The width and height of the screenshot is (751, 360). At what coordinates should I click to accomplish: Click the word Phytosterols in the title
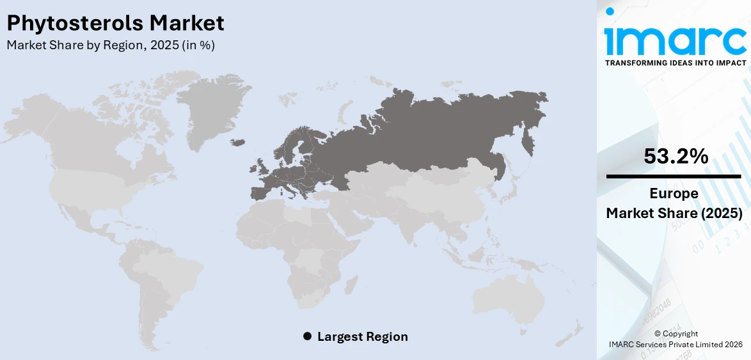click(x=75, y=24)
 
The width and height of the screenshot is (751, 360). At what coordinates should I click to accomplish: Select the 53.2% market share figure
click(x=676, y=156)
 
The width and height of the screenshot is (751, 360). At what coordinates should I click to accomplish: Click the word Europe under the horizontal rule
click(x=674, y=193)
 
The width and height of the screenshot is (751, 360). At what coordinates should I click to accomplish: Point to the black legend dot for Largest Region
click(x=307, y=336)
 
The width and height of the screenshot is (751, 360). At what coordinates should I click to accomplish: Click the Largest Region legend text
click(x=362, y=336)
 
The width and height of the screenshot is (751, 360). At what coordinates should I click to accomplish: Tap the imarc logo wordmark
click(x=675, y=40)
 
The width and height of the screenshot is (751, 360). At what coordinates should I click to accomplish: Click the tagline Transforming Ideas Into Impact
click(x=675, y=63)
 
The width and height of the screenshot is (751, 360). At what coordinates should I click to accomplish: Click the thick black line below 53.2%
click(x=674, y=176)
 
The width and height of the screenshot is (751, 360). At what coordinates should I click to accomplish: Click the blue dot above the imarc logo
click(x=610, y=11)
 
